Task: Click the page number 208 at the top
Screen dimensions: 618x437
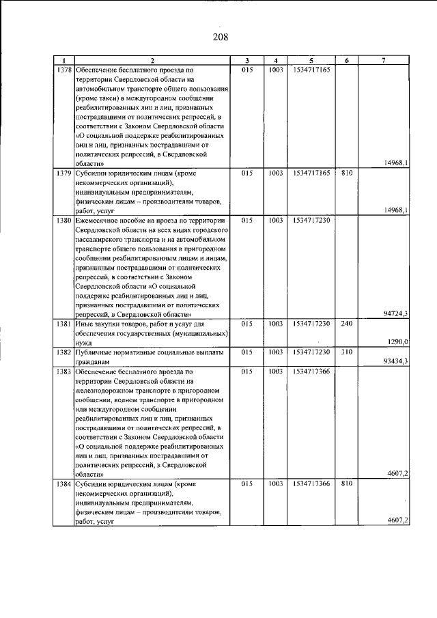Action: (x=218, y=37)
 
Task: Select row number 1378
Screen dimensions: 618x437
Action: (x=64, y=70)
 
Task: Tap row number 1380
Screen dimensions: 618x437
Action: (x=64, y=221)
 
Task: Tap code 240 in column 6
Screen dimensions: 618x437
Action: (x=346, y=323)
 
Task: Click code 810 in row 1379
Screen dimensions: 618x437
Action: (x=346, y=173)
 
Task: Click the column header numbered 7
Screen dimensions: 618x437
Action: (x=384, y=60)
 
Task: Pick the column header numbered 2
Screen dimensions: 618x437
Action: (x=153, y=60)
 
